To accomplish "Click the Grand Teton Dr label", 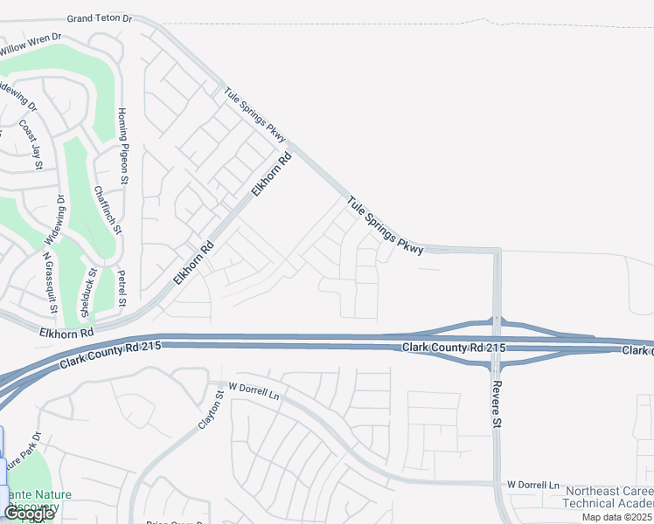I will pos(100,17).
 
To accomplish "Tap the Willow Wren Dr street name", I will pos(31,45).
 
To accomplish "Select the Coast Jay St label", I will pos(31,141).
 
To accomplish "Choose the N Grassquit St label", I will pos(49,283).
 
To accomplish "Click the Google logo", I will pos(28,514).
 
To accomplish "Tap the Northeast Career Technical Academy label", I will pos(609,498).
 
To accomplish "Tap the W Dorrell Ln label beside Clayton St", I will pos(253,391).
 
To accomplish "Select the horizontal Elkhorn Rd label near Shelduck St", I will pos(66,333).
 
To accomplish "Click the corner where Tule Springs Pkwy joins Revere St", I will pos(497,252).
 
